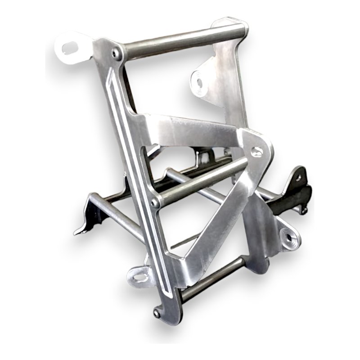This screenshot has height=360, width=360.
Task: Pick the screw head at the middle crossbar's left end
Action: [155, 203]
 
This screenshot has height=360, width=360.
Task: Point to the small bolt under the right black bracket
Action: [305, 210]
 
